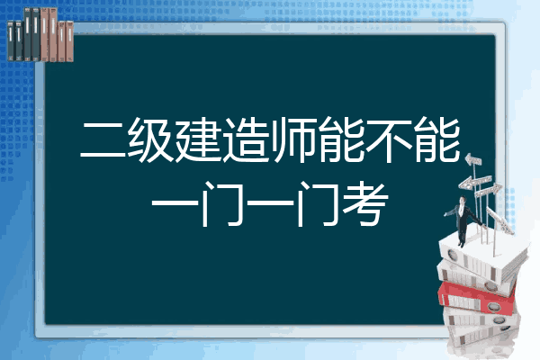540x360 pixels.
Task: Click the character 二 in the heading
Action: pos(103,140)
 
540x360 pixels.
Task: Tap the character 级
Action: pos(150,139)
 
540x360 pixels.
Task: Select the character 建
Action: pos(198,139)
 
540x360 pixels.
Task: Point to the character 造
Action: pos(246,139)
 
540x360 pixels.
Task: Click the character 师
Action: pos(293,139)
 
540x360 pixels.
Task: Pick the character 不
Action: pos(389,139)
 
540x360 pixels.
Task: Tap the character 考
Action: pos(365,204)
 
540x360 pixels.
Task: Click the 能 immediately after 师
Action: pos(342,139)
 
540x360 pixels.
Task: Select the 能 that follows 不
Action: pos(437,139)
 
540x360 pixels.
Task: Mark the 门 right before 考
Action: pos(319,204)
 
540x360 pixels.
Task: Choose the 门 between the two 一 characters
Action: pos(223,204)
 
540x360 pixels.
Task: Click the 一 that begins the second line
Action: pos(175,204)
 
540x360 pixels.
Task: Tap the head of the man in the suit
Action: pos(463,201)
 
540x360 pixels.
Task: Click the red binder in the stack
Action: pos(476,298)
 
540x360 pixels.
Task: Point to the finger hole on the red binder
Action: pos(492,306)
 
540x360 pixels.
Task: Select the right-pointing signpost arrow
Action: pos(488,190)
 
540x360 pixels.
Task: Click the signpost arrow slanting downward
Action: pos(499,220)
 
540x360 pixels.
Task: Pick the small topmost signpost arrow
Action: pos(473,160)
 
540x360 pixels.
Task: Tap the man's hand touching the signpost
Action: pos(485,226)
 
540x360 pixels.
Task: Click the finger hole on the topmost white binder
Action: pos(452,256)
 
